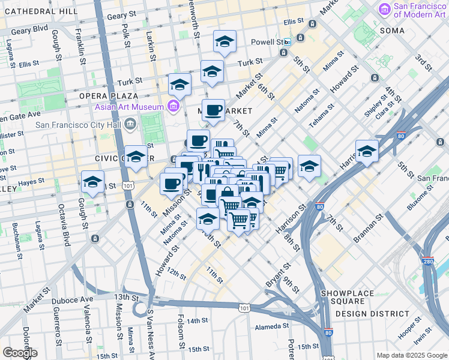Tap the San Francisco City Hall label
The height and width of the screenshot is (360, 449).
point(79,125)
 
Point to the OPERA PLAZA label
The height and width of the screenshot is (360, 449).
point(104,96)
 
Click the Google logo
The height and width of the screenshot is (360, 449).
point(20,352)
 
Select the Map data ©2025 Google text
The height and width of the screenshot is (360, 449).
point(411,355)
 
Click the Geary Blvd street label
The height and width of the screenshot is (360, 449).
point(28,28)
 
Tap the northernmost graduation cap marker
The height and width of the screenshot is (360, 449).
point(224,41)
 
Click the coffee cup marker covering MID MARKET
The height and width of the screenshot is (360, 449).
point(212,110)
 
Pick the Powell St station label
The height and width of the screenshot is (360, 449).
point(270,42)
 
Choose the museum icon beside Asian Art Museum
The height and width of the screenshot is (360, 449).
point(173,107)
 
